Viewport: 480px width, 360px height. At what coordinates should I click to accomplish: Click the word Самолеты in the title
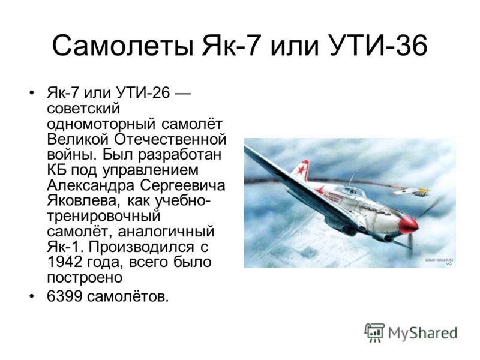123,46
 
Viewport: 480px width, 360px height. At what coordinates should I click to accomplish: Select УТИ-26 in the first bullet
142,92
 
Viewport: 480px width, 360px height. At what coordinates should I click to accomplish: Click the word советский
83,109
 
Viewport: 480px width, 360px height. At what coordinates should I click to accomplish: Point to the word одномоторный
102,125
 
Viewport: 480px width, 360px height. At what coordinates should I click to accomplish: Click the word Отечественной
170,139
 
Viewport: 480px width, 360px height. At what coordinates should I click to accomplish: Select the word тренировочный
104,217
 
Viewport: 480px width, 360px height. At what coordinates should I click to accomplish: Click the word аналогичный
166,232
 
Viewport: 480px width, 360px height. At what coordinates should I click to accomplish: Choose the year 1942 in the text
65,262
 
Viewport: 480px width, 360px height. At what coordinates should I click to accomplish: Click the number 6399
65,296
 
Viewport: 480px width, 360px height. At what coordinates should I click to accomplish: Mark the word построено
85,278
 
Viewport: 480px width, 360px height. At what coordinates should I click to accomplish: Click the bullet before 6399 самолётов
31,296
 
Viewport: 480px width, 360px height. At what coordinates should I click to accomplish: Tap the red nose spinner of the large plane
409,224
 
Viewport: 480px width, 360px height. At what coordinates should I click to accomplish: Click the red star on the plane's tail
301,170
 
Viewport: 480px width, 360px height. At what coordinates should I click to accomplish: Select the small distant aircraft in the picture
411,192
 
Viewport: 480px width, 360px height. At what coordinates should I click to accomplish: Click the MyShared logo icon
374,332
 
